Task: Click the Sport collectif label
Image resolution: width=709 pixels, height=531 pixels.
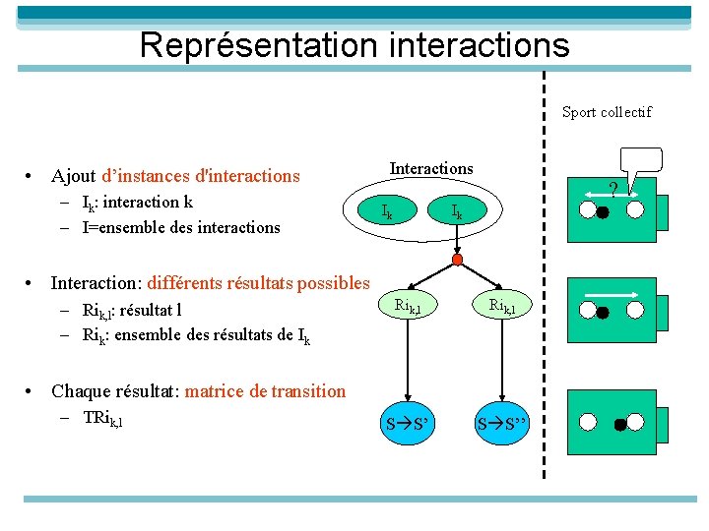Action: [x=607, y=112]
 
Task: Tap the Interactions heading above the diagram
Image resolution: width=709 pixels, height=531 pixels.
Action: [x=431, y=169]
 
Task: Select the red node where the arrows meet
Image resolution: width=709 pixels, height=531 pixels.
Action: [x=457, y=260]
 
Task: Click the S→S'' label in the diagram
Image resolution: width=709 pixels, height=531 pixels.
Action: [x=502, y=426]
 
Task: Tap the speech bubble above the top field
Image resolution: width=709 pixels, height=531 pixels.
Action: [x=641, y=162]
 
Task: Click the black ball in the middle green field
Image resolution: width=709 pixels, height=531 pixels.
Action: [x=603, y=313]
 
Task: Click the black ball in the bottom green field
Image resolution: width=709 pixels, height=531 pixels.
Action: [x=621, y=426]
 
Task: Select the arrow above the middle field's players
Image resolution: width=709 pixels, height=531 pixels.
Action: [x=611, y=292]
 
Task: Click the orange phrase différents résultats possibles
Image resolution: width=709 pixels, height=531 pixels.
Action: [x=259, y=283]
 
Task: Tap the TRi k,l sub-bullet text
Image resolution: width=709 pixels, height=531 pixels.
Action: [x=103, y=419]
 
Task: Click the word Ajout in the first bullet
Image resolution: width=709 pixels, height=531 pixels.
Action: [x=74, y=177]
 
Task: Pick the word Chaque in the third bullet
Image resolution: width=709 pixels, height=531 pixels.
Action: [x=80, y=391]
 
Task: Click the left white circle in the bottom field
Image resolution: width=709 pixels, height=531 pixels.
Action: [x=588, y=422]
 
